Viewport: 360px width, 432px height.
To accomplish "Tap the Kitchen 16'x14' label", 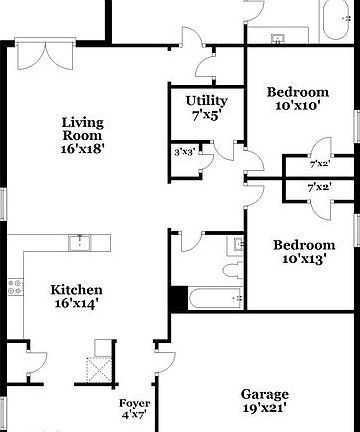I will click(75, 296).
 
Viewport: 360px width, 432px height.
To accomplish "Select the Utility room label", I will click(206, 108).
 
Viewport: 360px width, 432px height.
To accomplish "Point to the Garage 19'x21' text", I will click(264, 400).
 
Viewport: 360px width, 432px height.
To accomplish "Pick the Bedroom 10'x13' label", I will click(303, 252).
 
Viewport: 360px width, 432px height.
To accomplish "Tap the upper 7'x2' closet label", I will click(320, 163).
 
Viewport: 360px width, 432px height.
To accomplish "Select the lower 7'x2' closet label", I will click(320, 186).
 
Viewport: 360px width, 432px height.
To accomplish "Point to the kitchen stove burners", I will click(15, 289).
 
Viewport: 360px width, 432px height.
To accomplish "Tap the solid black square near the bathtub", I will click(178, 298).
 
